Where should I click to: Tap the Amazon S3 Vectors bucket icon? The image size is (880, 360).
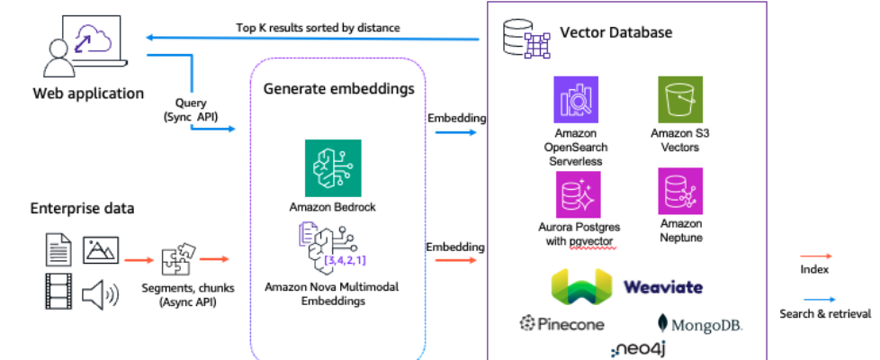pos(679,99)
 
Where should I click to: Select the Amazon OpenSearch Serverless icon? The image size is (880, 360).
pos(576,99)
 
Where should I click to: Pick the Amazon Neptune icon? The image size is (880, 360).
pos(679,190)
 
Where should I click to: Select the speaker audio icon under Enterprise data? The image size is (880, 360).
pos(99,294)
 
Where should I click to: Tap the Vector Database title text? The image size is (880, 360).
pos(615,32)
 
